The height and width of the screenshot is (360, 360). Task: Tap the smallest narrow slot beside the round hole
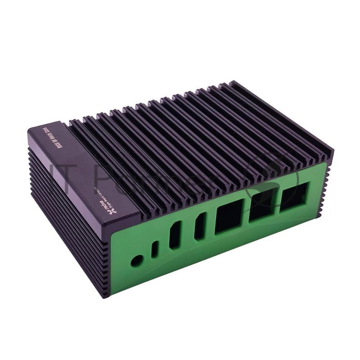[x=155, y=250]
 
